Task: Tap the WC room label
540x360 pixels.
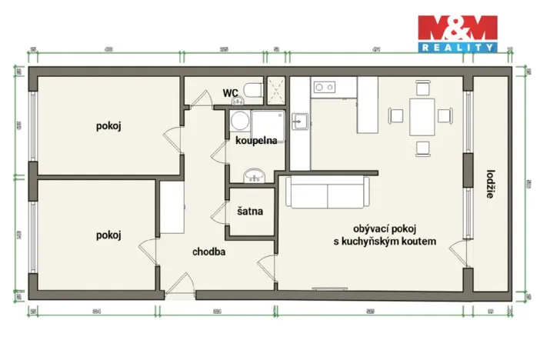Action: pyautogui.click(x=229, y=93)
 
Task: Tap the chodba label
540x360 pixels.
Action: pyautogui.click(x=208, y=251)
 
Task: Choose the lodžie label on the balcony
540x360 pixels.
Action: pyautogui.click(x=490, y=184)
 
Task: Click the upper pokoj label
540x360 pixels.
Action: pyautogui.click(x=109, y=125)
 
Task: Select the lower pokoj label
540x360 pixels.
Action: pyautogui.click(x=109, y=235)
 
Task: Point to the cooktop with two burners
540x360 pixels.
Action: pyautogui.click(x=324, y=87)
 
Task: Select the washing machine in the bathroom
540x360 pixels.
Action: pyautogui.click(x=240, y=122)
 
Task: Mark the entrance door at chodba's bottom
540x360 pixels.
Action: pyautogui.click(x=178, y=285)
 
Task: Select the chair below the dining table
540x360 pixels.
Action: pyautogui.click(x=421, y=148)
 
